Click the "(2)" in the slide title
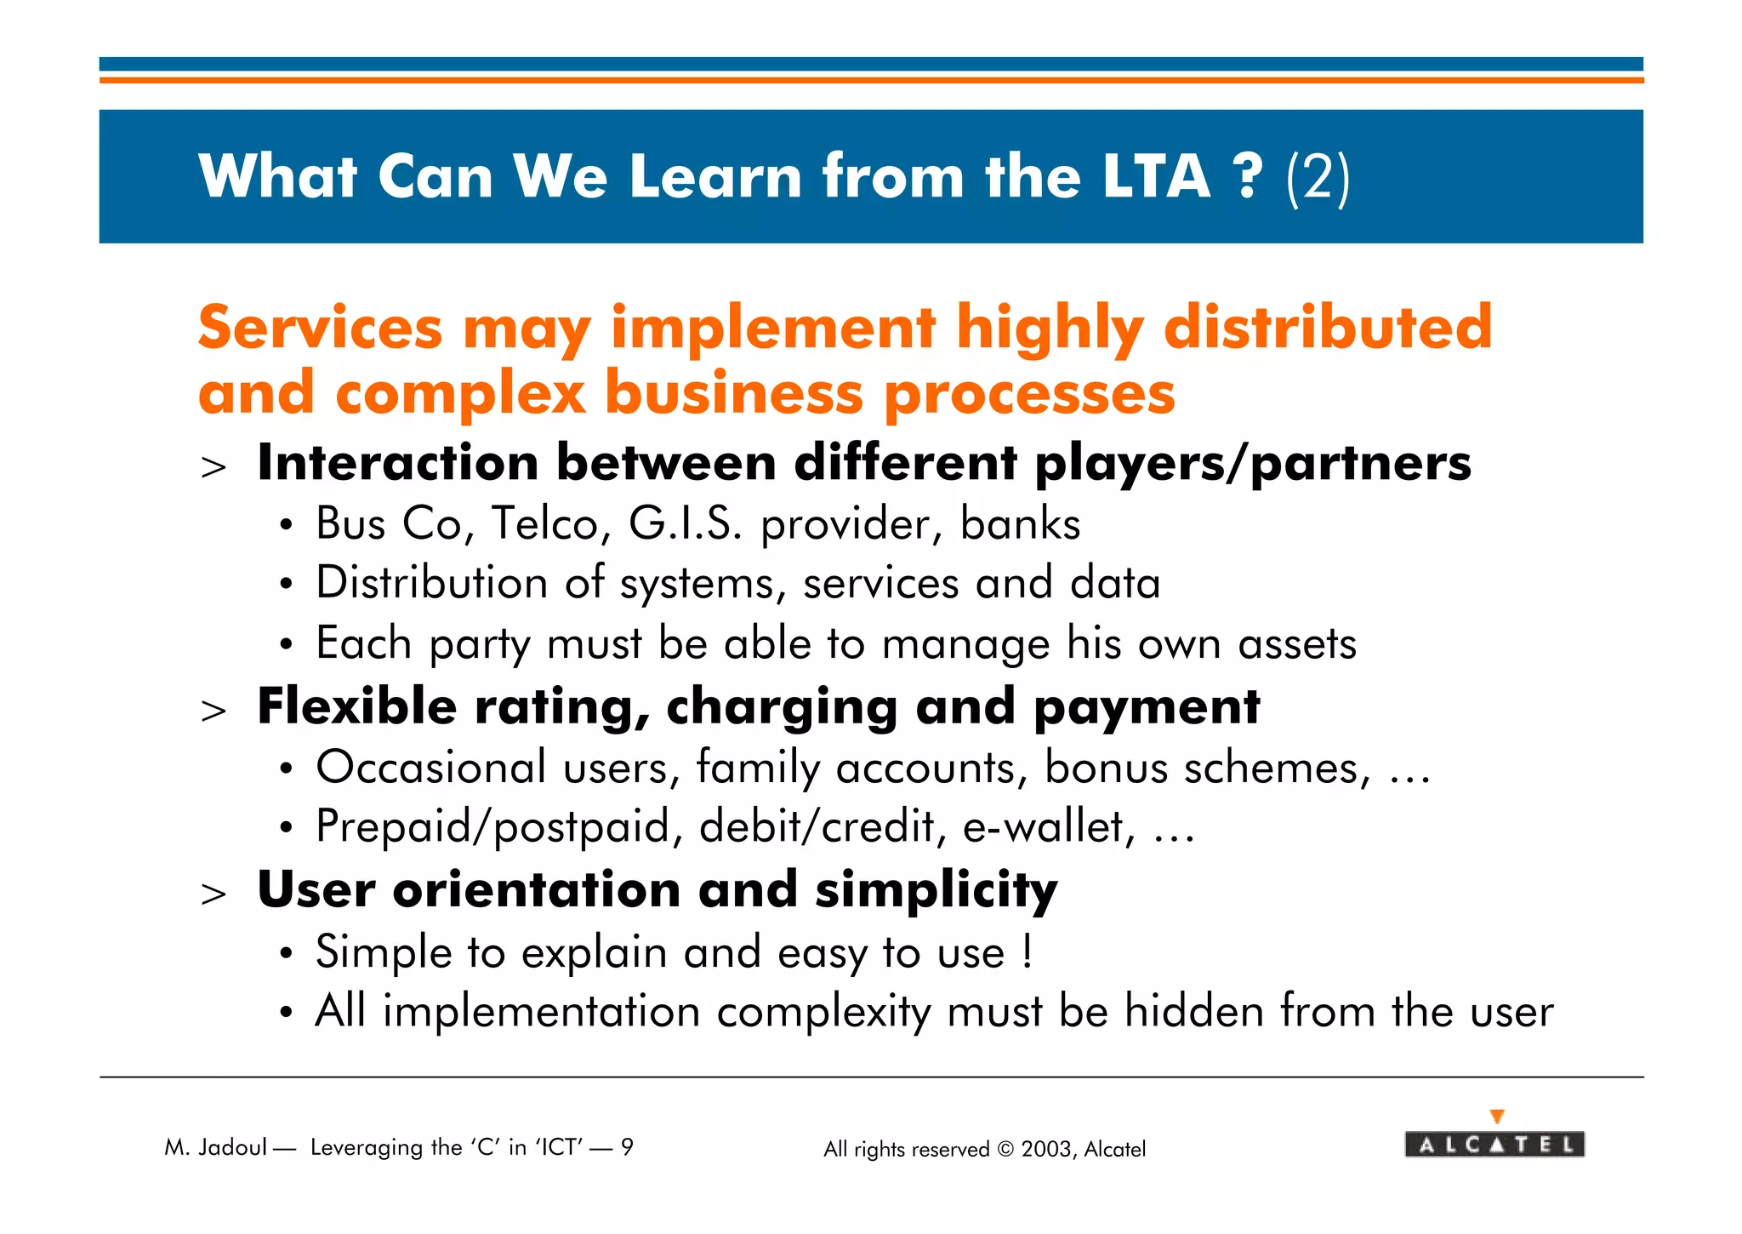[1318, 177]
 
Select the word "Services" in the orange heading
[320, 328]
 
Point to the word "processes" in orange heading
[1029, 396]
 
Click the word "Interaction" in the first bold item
[397, 463]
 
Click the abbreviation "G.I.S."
[685, 523]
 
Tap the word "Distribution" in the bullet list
[431, 583]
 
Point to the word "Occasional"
[430, 768]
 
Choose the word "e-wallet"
[1048, 826]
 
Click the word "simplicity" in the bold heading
[936, 890]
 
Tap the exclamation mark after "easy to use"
[1028, 951]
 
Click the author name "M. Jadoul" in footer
[216, 1147]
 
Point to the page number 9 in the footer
[627, 1147]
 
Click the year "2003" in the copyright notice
[1046, 1150]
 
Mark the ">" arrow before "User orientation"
[213, 894]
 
